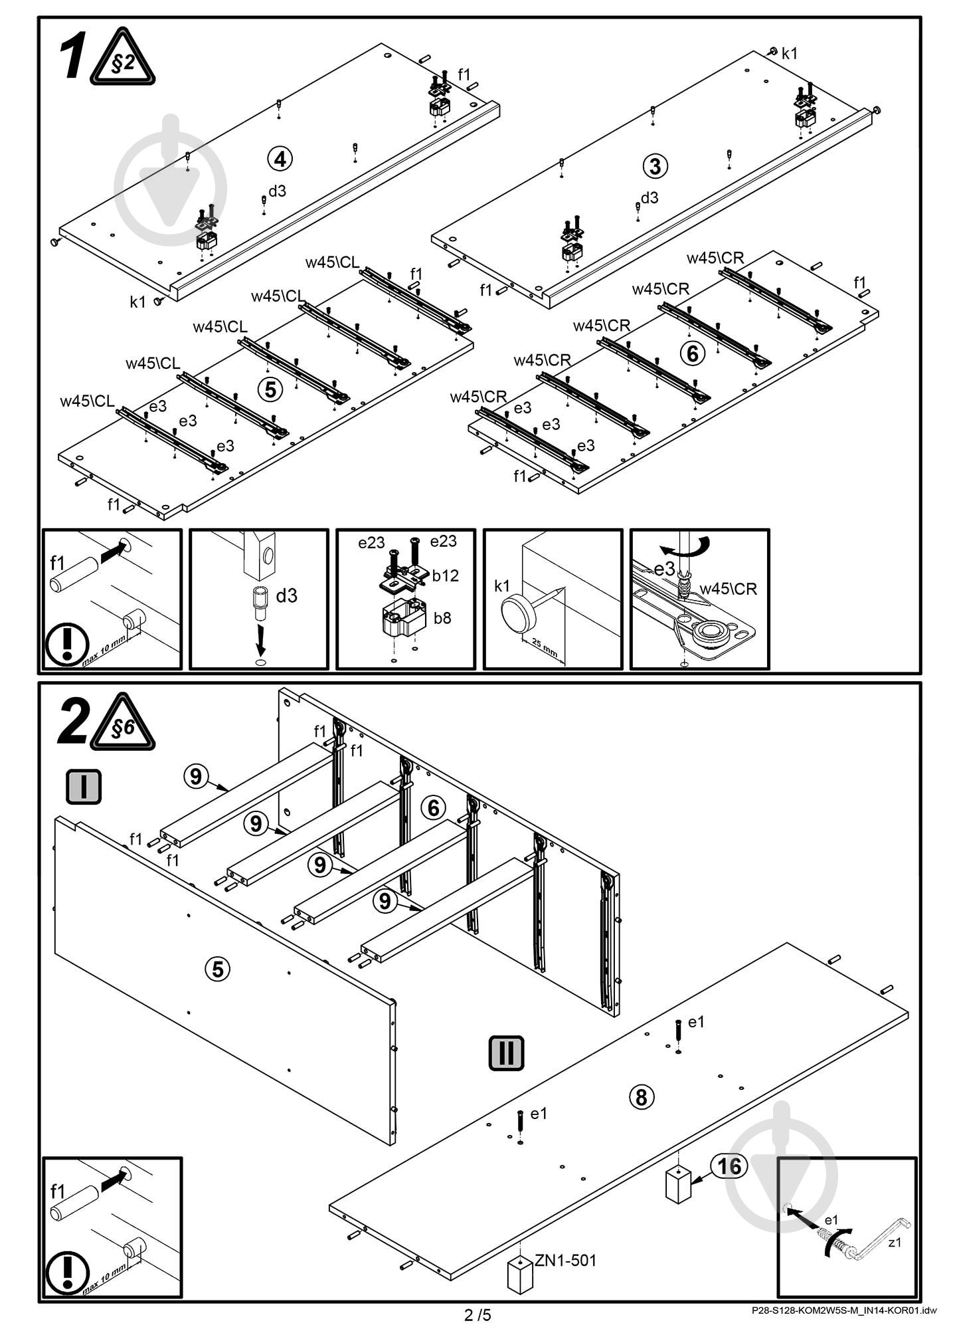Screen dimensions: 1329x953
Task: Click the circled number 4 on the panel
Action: pos(280,159)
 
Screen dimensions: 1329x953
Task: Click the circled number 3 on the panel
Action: pos(655,165)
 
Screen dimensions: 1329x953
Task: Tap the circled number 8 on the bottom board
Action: pos(641,1096)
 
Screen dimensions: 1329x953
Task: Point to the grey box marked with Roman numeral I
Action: pos(84,786)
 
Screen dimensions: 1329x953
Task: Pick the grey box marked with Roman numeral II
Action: pos(506,1053)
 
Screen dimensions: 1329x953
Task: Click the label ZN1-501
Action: pos(565,1259)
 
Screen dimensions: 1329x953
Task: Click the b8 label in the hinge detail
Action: pos(442,618)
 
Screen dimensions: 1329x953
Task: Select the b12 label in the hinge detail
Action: pos(445,575)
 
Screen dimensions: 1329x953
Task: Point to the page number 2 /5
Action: pos(477,1314)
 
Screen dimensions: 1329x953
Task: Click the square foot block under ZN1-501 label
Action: pos(520,1275)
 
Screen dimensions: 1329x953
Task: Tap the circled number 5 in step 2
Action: pos(217,969)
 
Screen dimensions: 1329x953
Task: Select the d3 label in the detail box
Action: pos(286,595)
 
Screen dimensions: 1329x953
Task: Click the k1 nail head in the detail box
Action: pos(518,613)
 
